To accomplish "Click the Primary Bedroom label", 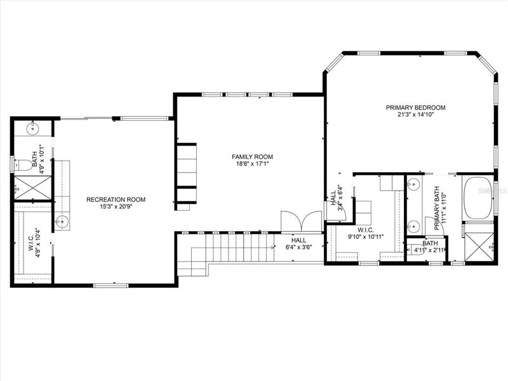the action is [x=416, y=107].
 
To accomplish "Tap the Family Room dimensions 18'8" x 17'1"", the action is [x=252, y=164].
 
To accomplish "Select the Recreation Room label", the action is [x=116, y=199].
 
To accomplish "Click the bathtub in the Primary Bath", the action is [x=478, y=199].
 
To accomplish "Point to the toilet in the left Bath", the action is [x=23, y=165].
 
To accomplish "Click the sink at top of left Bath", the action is [x=33, y=129].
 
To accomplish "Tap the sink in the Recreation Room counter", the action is [x=62, y=222].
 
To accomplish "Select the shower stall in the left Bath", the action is [x=33, y=188].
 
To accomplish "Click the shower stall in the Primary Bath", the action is [x=479, y=246].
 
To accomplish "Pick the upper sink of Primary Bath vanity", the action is [x=414, y=185].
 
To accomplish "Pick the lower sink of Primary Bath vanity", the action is [x=414, y=225].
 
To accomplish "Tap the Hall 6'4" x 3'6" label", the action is [x=298, y=244].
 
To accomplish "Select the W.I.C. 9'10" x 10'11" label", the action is [x=366, y=233].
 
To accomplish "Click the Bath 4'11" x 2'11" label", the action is [x=430, y=246].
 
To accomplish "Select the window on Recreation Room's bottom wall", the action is [x=110, y=285].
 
